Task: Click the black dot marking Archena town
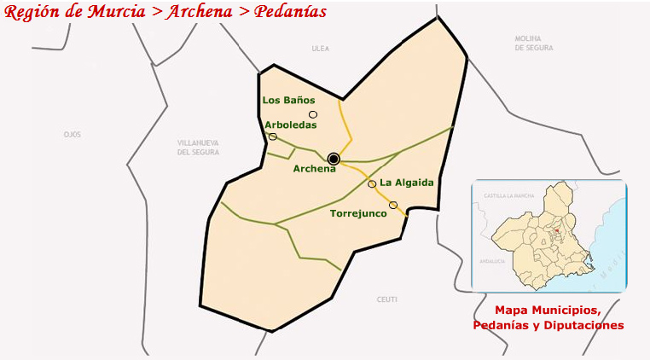(334, 159)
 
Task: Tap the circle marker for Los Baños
(313, 114)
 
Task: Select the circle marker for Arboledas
(273, 136)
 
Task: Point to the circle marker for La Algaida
(372, 183)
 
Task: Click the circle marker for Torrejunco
(393, 205)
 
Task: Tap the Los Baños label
(289, 100)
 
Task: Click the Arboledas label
(291, 125)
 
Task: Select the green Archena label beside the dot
(315, 169)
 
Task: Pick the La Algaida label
(407, 183)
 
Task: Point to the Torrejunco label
(358, 213)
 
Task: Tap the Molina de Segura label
(535, 44)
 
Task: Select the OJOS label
(72, 135)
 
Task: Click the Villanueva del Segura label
(198, 147)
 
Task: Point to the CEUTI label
(386, 299)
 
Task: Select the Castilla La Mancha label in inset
(508, 196)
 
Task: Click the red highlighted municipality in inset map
(556, 229)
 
